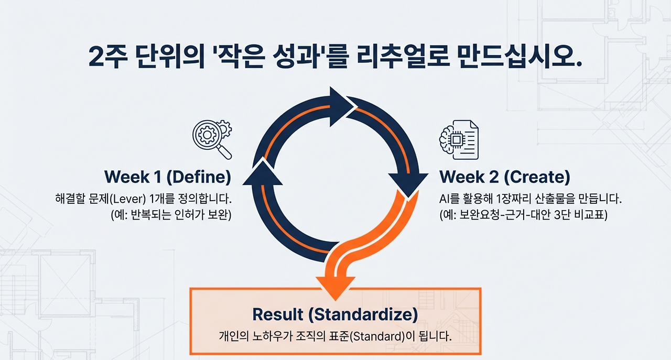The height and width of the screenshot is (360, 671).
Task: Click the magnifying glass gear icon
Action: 212,139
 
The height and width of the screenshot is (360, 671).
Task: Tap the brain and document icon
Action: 459,140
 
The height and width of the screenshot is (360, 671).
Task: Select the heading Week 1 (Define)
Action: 168,177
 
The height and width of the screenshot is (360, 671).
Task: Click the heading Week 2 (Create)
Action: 505,177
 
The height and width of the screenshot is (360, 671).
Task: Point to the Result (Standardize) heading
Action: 335,314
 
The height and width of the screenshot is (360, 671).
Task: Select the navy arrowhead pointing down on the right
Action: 408,185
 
